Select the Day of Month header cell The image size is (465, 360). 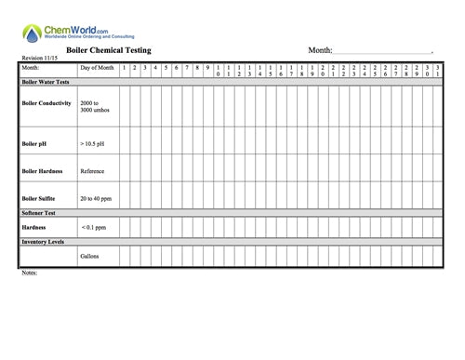pos(97,68)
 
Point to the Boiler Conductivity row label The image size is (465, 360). pos(46,103)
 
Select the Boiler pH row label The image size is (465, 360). pos(34,144)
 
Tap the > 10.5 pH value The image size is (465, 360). pos(94,144)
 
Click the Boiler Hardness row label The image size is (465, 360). pos(42,171)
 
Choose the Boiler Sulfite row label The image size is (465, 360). pos(40,198)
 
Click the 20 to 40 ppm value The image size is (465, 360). pos(96,198)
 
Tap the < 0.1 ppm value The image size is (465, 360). pos(94,226)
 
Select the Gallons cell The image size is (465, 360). pos(89,256)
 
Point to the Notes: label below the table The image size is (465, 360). pos(28,273)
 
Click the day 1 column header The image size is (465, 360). pos(124,68)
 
